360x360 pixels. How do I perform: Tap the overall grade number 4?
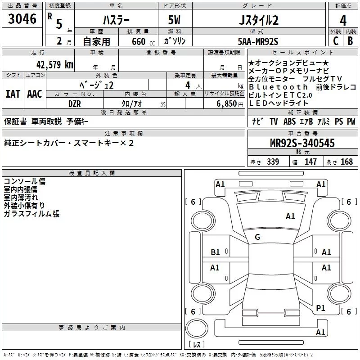(x=343, y=21)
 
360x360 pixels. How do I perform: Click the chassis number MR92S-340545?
(x=302, y=143)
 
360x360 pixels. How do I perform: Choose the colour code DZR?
(x=75, y=103)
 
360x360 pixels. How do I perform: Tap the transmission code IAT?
(x=13, y=94)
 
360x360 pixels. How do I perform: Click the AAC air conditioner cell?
(x=35, y=94)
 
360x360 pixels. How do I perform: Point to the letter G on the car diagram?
(x=257, y=237)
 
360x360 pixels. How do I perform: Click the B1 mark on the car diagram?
(x=216, y=252)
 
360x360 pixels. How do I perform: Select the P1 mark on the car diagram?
(x=320, y=308)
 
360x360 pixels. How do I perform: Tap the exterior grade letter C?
(x=335, y=41)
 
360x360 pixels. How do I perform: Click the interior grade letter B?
(x=351, y=41)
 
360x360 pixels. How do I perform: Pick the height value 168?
(x=347, y=162)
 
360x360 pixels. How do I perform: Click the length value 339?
(x=273, y=162)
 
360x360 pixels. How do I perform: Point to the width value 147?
(x=310, y=162)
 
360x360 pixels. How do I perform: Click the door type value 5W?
(x=175, y=21)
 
